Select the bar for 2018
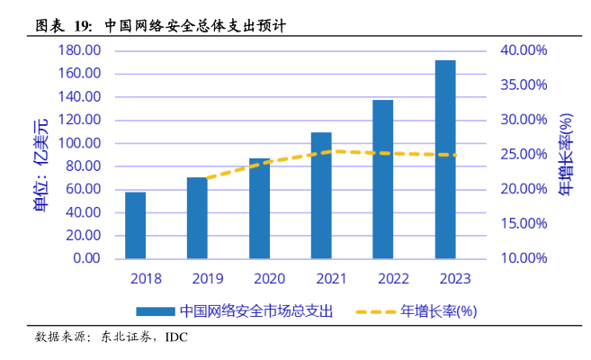coord(135,225)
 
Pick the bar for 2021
coord(321,195)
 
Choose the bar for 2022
coord(383,179)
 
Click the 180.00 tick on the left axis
coord(80,50)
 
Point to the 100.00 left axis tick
coord(80,143)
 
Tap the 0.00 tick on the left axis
coord(86,258)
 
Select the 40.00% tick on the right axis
coord(523,50)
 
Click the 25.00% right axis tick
coord(523,155)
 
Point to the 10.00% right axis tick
coord(523,258)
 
